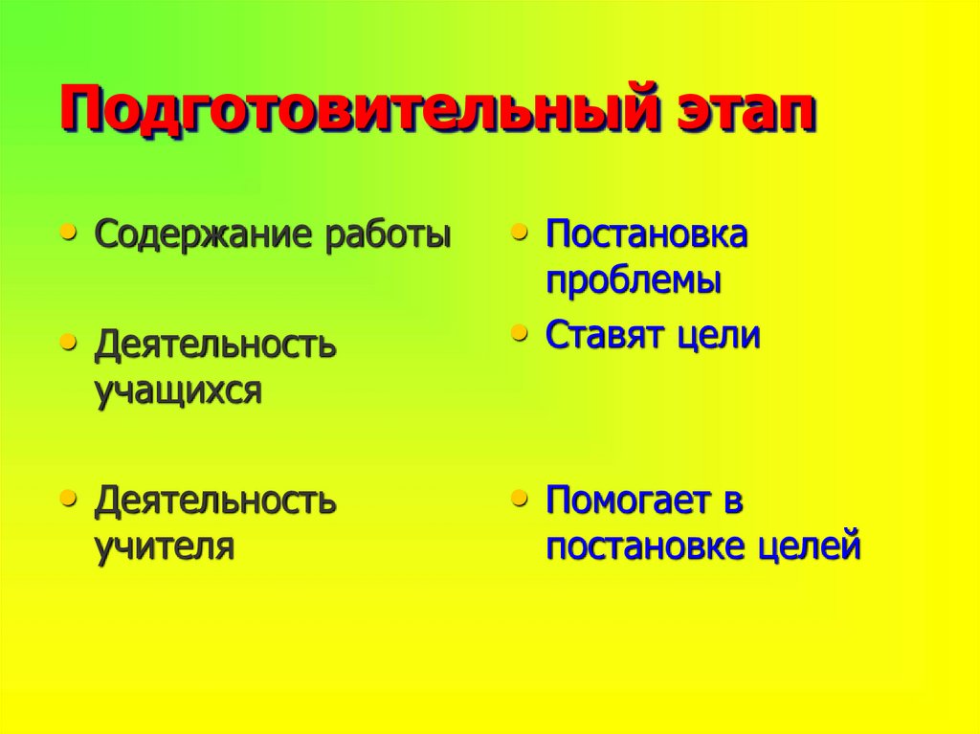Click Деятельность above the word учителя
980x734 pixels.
pos(215,500)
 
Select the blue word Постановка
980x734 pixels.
pos(646,235)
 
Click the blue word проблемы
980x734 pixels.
pos(634,281)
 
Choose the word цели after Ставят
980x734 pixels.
pos(720,336)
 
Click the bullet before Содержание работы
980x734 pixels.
pos(67,233)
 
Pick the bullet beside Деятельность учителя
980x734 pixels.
pos(67,497)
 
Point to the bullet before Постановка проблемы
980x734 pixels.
pos(519,233)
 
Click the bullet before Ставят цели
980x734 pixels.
pos(519,333)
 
